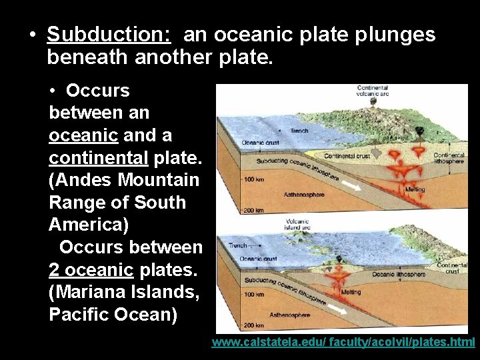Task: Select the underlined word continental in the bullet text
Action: click(98, 158)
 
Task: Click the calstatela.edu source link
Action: click(343, 342)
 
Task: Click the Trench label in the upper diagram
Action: click(299, 131)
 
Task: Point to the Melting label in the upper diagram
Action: click(415, 189)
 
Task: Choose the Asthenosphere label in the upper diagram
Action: click(305, 195)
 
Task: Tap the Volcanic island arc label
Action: click(297, 225)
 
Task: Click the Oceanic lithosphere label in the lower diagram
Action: click(399, 274)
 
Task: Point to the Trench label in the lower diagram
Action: click(237, 245)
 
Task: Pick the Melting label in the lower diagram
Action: click(351, 292)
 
